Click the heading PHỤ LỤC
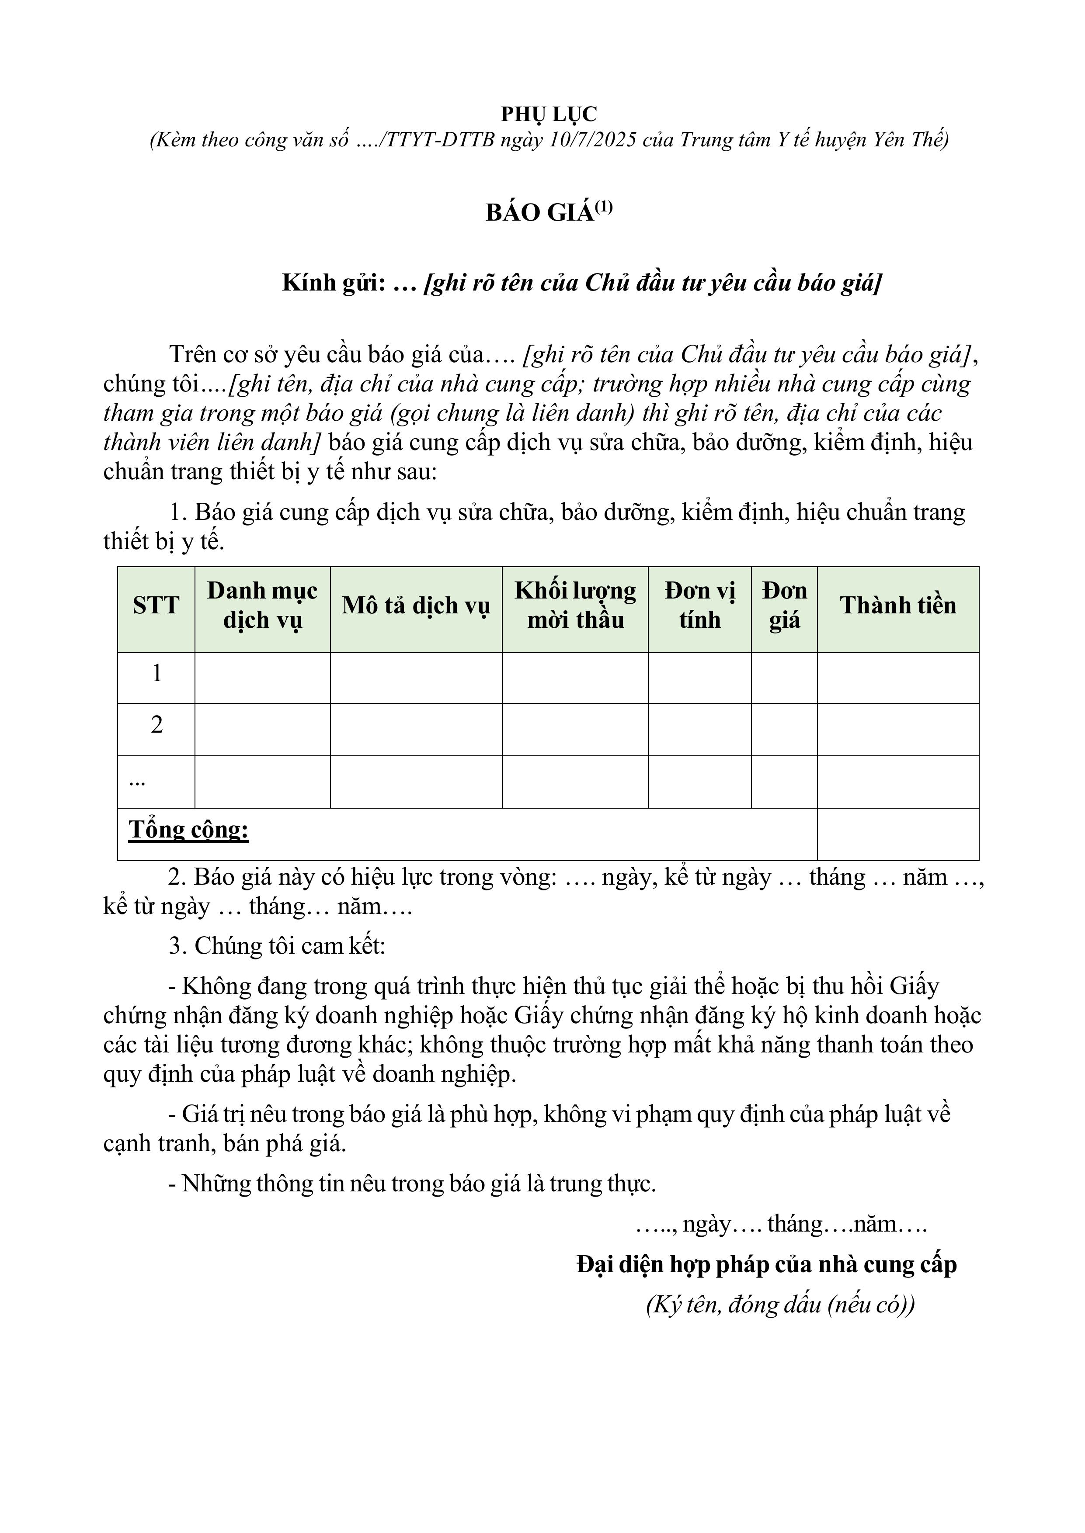coord(549,114)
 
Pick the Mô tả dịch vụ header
coord(416,606)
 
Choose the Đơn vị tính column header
coord(699,605)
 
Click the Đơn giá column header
coord(784,605)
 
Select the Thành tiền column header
coord(898,606)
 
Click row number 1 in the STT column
coord(156,673)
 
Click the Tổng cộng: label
coord(188,830)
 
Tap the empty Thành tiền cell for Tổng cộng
coord(898,834)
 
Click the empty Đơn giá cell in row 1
coord(784,678)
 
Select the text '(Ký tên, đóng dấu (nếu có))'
coord(780,1304)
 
